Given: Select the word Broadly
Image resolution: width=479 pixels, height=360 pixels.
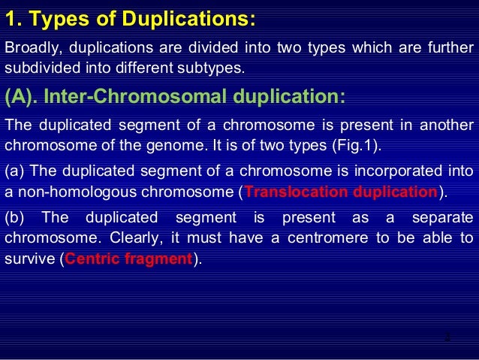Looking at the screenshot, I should pos(31,50).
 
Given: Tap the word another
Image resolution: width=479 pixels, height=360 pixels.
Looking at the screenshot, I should pos(446,125).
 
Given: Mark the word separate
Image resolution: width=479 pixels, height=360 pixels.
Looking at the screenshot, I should pos(443,219).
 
